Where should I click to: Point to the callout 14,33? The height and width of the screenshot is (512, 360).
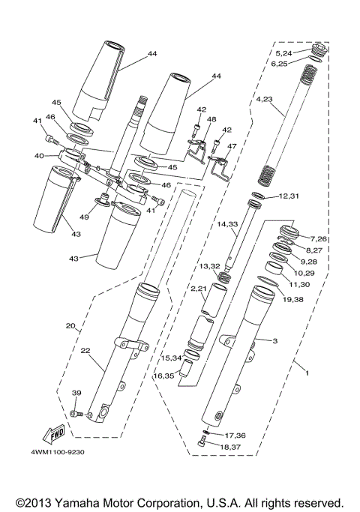tap(228, 223)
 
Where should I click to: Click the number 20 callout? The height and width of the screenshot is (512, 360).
tap(71, 326)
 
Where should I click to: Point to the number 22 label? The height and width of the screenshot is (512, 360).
tap(85, 351)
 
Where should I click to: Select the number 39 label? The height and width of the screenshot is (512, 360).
tap(76, 394)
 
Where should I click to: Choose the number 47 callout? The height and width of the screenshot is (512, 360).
tap(232, 148)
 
